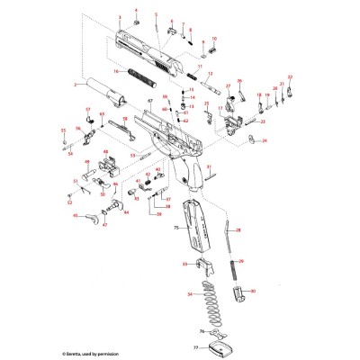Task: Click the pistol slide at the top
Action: pos(148,49)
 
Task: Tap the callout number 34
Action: pos(189,295)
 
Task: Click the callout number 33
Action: pos(184,264)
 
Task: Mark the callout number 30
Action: pos(253,292)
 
